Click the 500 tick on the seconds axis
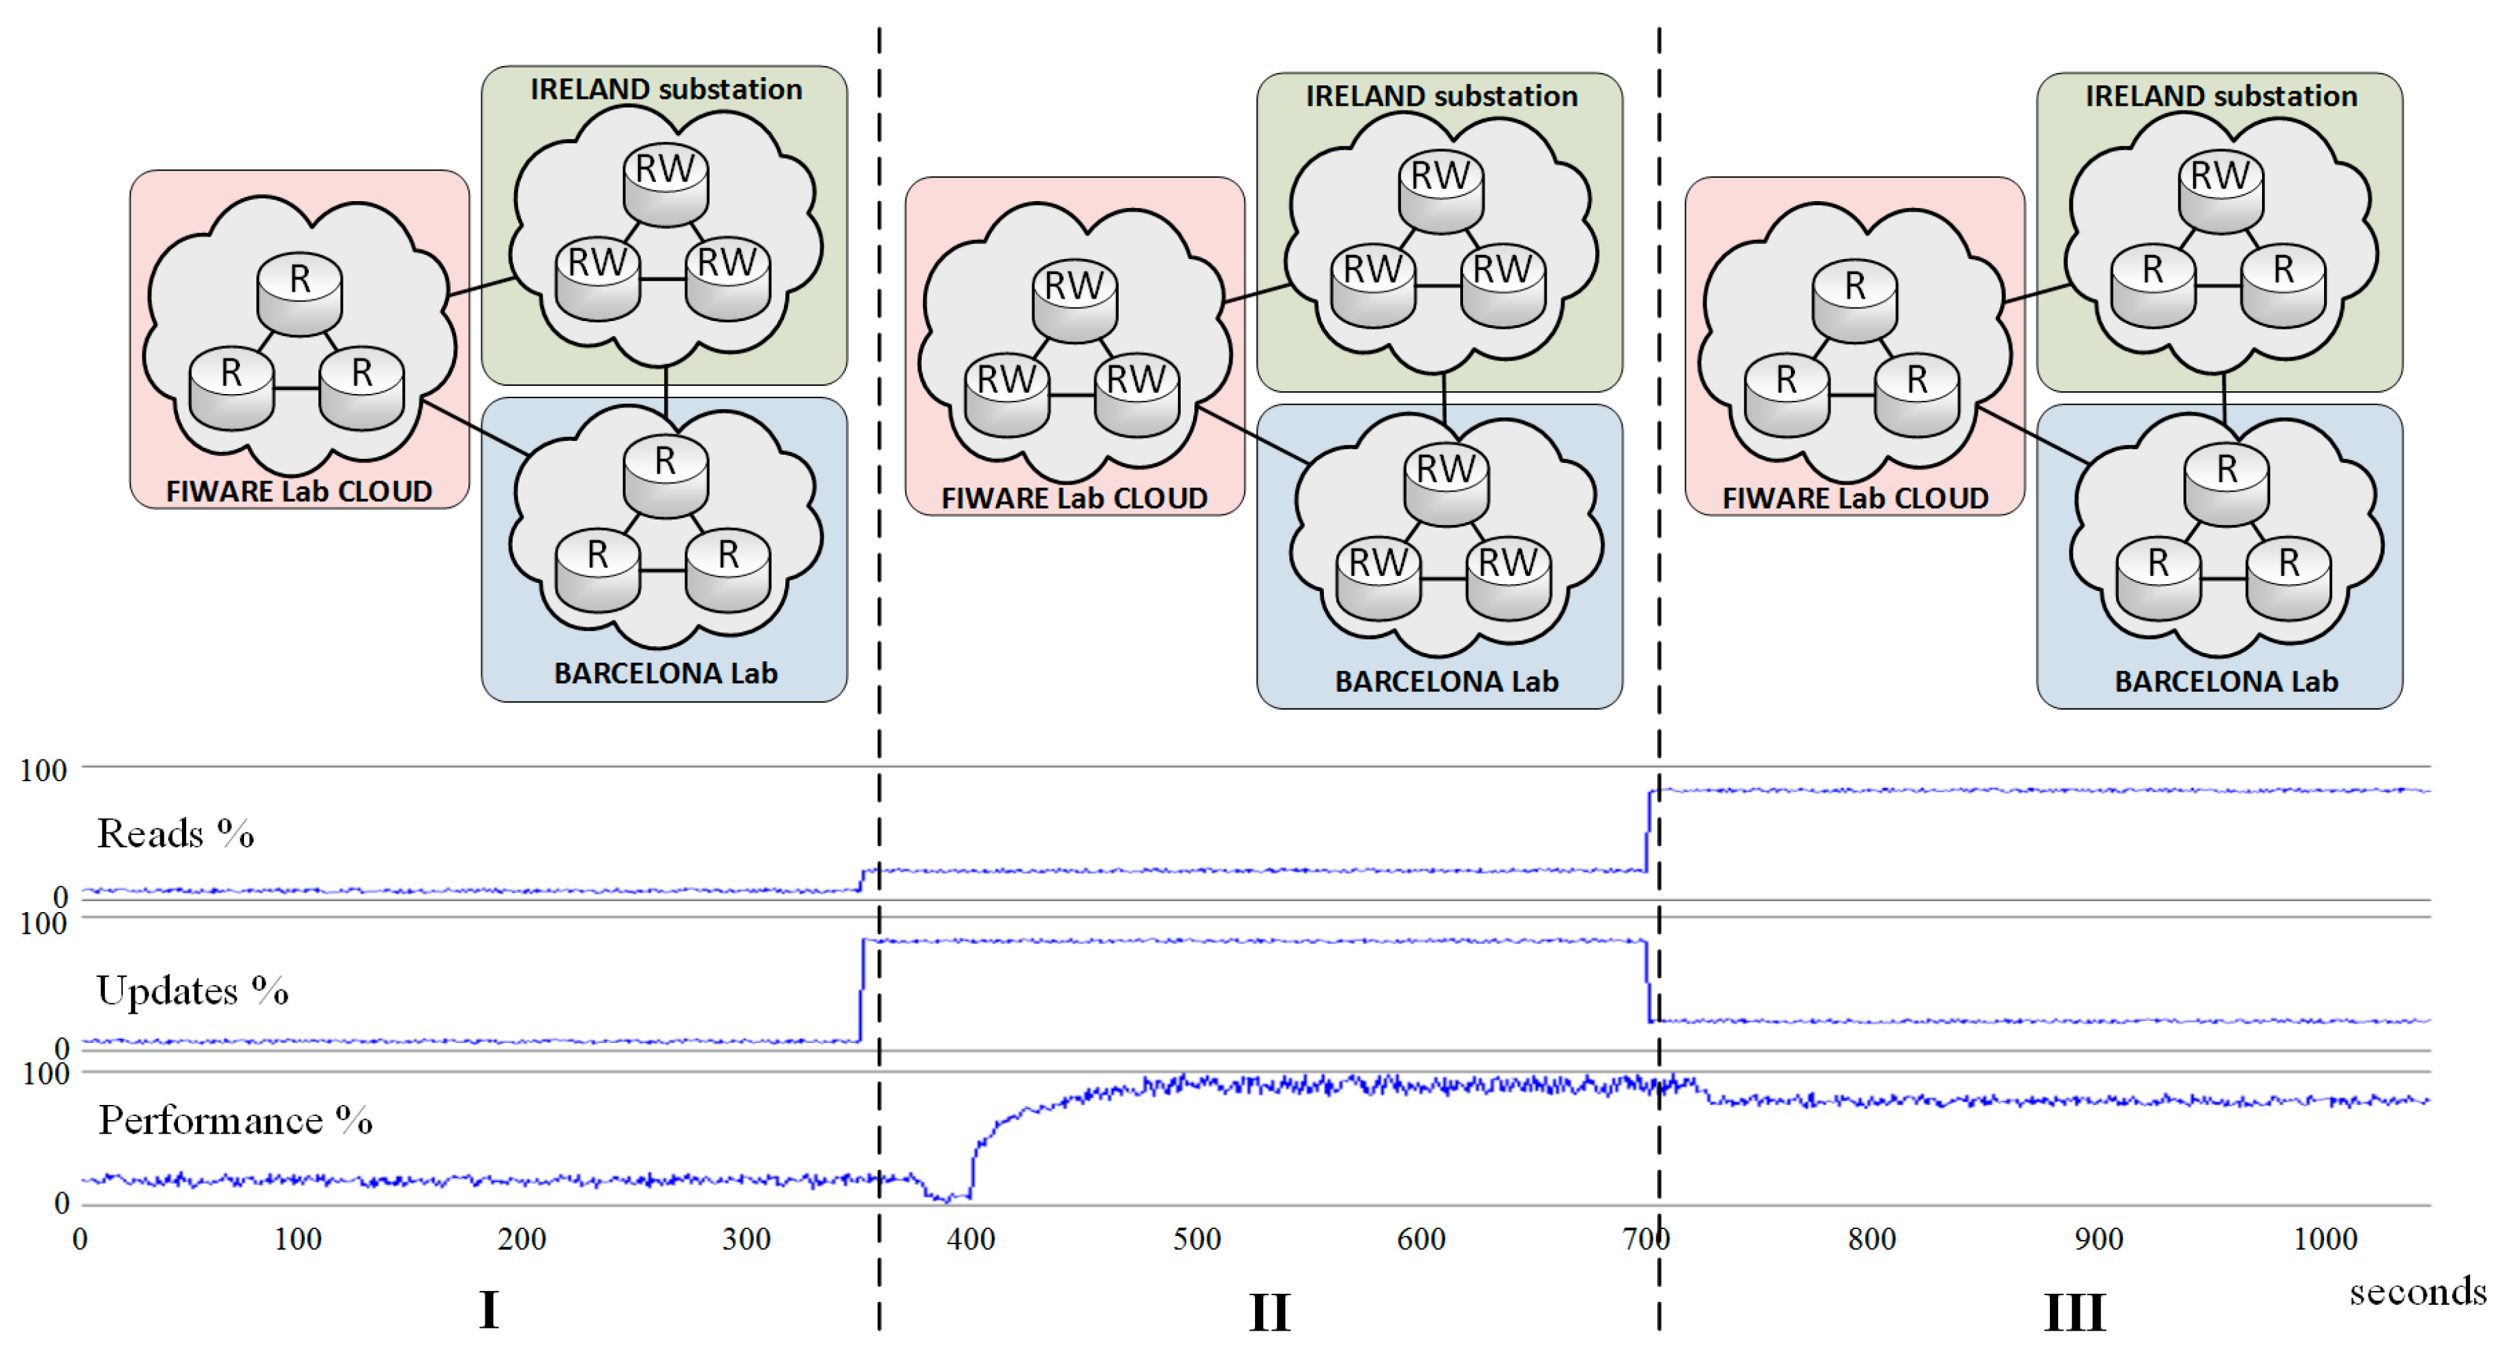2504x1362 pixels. pos(1196,1239)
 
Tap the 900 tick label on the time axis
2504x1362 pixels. pos(2098,1239)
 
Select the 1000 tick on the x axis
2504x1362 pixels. pos(2325,1239)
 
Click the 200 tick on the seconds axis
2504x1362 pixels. pos(522,1239)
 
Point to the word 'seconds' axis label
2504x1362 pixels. pos(2417,1292)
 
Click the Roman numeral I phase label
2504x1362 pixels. pos(489,1310)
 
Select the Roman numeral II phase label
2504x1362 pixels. pos(1269,1312)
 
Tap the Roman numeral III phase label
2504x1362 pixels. pos(2075,1312)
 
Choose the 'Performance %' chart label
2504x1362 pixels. pos(235,1120)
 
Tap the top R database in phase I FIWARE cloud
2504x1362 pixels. pos(299,292)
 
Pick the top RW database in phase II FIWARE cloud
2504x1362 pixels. pos(1074,299)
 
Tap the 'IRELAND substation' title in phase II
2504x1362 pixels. pos(1442,95)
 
